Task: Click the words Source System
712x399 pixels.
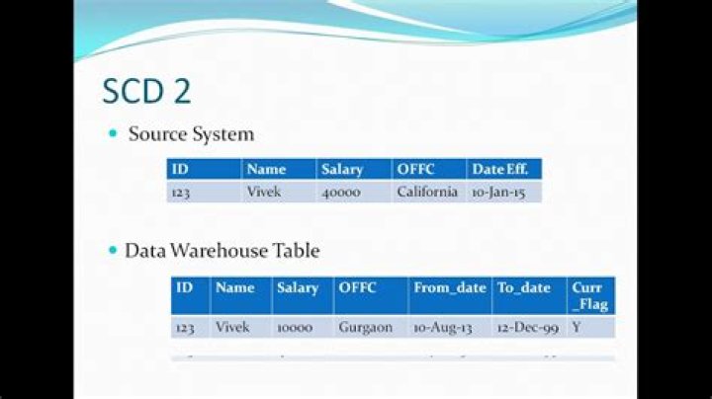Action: coord(191,133)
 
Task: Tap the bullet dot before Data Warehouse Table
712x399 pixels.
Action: coord(113,251)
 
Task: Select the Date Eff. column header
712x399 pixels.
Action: coord(499,170)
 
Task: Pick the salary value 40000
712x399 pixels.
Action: coord(341,192)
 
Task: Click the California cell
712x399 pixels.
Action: coord(427,192)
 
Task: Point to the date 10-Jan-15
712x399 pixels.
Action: coord(497,192)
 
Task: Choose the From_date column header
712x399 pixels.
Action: coord(450,288)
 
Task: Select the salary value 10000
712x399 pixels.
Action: coord(296,327)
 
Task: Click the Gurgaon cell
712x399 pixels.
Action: coord(365,327)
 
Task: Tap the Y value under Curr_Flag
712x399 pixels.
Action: coord(577,327)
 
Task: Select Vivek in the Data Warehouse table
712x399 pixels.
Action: coord(232,327)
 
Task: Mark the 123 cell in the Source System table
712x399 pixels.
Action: coord(180,192)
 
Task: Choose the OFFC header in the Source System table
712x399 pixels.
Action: coord(415,170)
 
